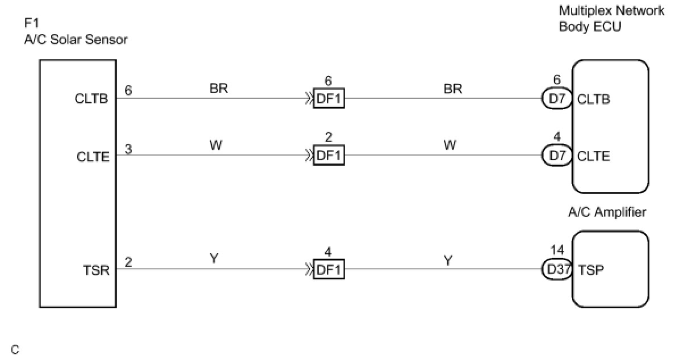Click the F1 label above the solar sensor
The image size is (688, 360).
[x=31, y=24]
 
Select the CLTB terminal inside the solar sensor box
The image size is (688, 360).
[x=91, y=99]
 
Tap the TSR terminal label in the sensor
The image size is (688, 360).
[x=96, y=270]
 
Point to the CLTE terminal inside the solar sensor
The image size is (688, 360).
[x=93, y=157]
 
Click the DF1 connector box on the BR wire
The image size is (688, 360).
[x=329, y=99]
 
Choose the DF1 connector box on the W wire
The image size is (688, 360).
[x=329, y=156]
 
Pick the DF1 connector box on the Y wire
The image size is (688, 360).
[x=329, y=270]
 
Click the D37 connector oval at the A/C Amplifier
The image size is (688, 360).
[x=557, y=270]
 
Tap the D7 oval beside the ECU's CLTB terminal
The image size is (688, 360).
[x=557, y=99]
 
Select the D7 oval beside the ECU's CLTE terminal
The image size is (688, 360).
[x=557, y=156]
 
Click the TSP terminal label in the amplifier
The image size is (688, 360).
[x=590, y=270]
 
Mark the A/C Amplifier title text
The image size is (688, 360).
[x=607, y=212]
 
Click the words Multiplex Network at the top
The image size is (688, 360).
[x=611, y=11]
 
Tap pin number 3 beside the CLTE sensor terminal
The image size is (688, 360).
[x=129, y=149]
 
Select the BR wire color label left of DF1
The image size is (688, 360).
[x=219, y=89]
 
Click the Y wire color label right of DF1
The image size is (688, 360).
[x=448, y=260]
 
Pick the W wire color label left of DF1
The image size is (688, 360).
[x=216, y=146]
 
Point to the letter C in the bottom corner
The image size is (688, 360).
[x=15, y=350]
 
